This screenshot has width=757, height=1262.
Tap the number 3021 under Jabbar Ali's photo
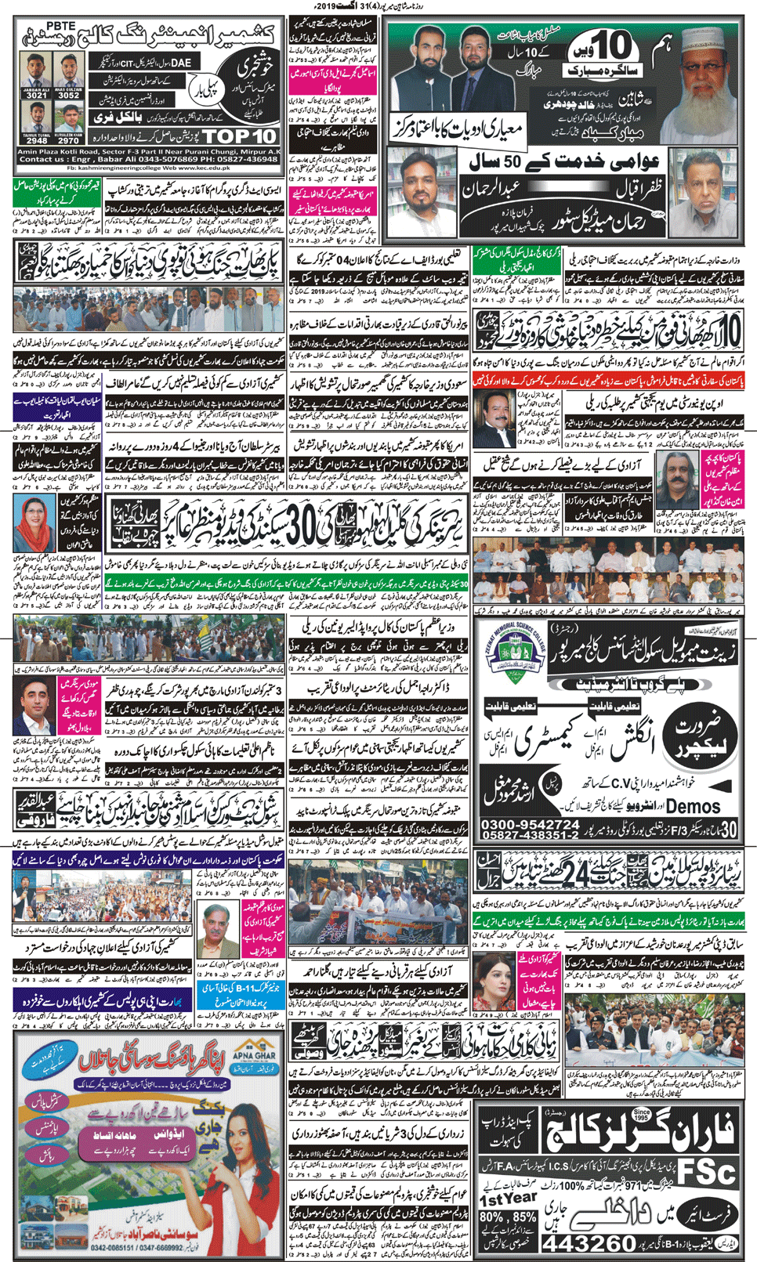[x=38, y=96]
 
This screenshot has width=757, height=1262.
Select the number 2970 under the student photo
[x=68, y=142]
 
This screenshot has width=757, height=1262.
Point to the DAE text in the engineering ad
[x=181, y=62]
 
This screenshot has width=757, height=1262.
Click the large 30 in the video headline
[x=306, y=531]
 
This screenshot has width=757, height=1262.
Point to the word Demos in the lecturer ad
[x=694, y=806]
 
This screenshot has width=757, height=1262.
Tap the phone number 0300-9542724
[x=530, y=825]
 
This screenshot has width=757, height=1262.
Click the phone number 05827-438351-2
[x=530, y=836]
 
